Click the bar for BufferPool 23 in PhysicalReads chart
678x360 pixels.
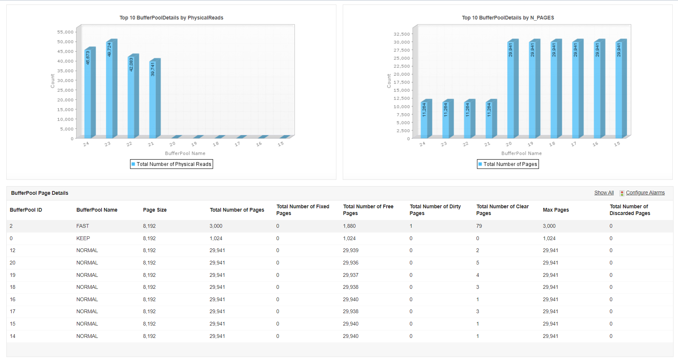coord(109,90)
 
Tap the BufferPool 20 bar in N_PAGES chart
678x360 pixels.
coord(511,90)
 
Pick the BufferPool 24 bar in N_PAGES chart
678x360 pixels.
coord(424,120)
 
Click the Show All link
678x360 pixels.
coord(604,193)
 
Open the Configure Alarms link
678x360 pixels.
coord(645,193)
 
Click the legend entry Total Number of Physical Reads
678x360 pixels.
coord(172,164)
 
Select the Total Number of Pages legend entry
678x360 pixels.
coord(508,164)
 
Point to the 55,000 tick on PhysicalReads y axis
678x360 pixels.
coord(66,32)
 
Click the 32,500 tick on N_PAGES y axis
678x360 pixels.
coord(402,34)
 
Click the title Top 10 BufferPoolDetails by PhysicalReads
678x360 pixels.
coord(171,18)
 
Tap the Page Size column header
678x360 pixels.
coord(155,210)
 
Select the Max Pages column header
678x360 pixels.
coord(556,210)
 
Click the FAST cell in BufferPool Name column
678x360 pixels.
coord(83,226)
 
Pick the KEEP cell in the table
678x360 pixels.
coord(83,238)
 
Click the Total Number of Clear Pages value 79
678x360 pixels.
coord(479,226)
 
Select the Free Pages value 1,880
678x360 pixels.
coord(349,226)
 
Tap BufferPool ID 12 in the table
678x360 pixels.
coord(13,250)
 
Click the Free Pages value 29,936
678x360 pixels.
coord(351,263)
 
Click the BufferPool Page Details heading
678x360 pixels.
coord(40,193)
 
